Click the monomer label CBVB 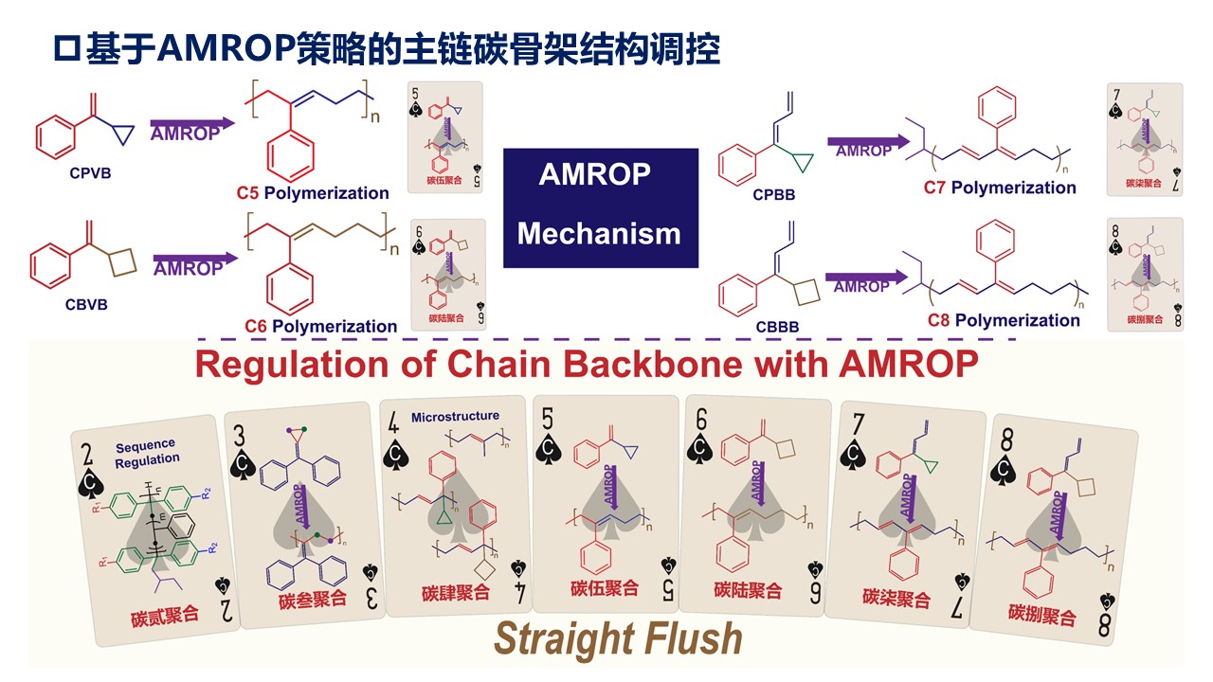tap(87, 305)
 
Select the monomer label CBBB tap(777, 327)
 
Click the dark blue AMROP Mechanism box tap(600, 205)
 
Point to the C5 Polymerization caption tap(313, 193)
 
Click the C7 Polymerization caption tap(1000, 188)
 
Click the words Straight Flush tap(618, 639)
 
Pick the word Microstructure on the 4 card tap(455, 417)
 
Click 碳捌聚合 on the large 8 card tap(1042, 618)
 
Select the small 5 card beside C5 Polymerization tap(445, 137)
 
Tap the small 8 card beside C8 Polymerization tap(1145, 275)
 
